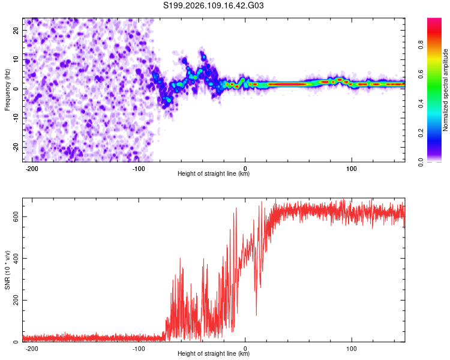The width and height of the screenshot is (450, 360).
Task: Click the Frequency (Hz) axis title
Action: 7,89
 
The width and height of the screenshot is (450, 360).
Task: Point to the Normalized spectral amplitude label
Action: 446,90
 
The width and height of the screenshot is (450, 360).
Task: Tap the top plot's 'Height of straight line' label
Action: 214,174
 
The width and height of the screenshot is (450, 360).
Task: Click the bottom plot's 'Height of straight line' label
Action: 214,354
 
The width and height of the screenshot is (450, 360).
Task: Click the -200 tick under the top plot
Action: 32,169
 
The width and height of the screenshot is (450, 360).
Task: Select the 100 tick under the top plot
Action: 352,169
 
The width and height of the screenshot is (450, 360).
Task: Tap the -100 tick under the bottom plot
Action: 139,349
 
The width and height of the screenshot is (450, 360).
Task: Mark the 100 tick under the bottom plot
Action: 352,349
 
